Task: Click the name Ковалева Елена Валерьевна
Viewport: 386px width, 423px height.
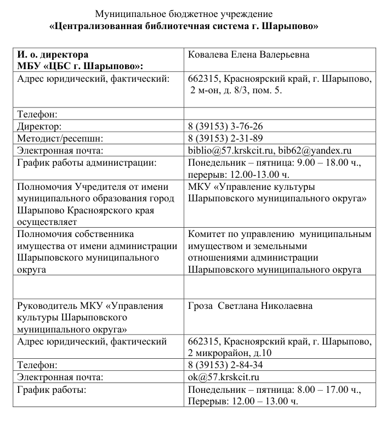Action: click(x=248, y=55)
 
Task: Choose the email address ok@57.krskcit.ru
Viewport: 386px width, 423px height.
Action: click(x=223, y=377)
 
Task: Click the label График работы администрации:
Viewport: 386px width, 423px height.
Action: click(x=87, y=162)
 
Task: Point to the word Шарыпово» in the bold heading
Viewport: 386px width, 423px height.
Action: click(x=296, y=25)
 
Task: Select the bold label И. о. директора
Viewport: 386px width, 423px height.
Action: click(x=53, y=55)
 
